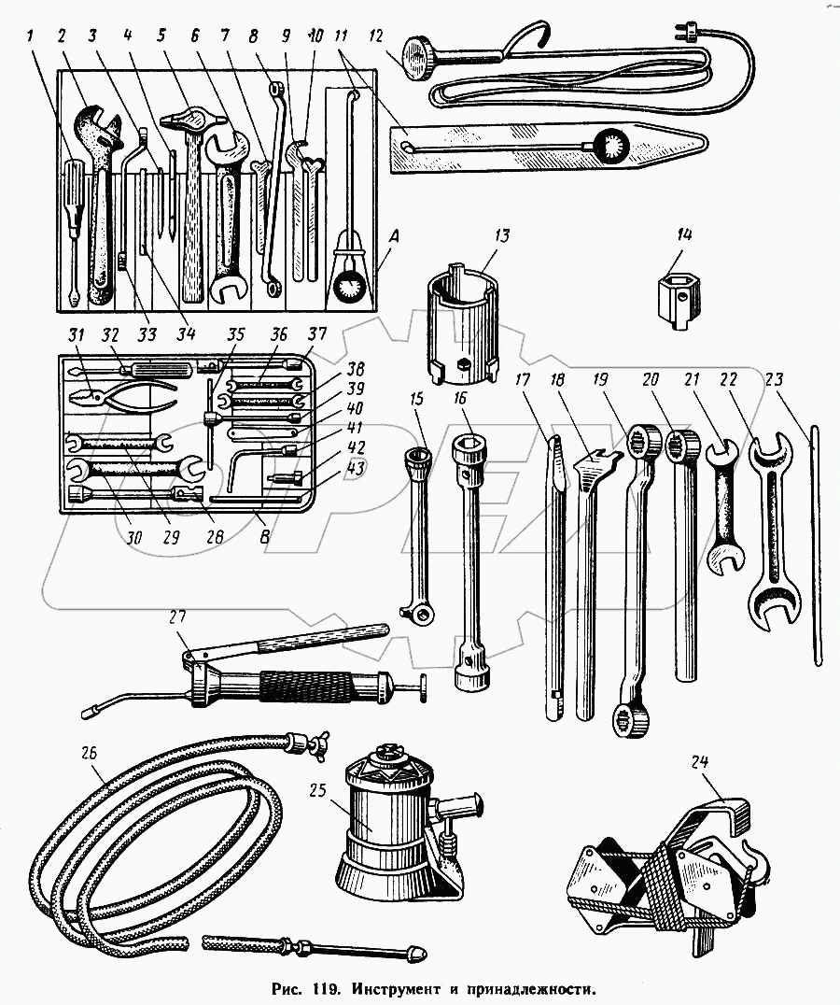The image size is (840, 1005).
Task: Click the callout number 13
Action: [x=502, y=234]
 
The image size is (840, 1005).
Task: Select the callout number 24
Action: [x=699, y=762]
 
